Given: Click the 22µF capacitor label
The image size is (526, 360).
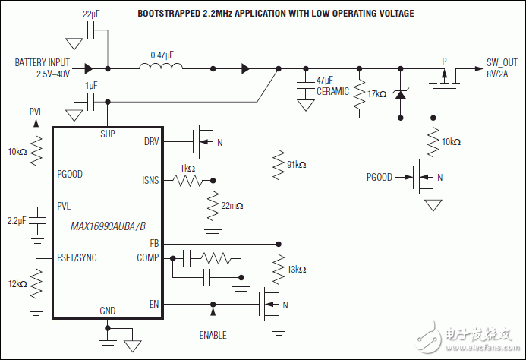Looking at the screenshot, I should coord(90,14).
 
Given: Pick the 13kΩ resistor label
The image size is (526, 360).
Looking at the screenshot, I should coord(298,269).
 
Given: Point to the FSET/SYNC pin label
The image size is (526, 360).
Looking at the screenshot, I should coord(77,257).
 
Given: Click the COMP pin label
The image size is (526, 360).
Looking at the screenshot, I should coord(149,258).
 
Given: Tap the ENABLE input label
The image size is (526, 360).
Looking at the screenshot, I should coord(213,335).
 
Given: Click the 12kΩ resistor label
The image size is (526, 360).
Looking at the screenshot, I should coord(17,283).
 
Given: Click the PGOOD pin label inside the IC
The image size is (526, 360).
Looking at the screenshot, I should coord(70,174).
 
